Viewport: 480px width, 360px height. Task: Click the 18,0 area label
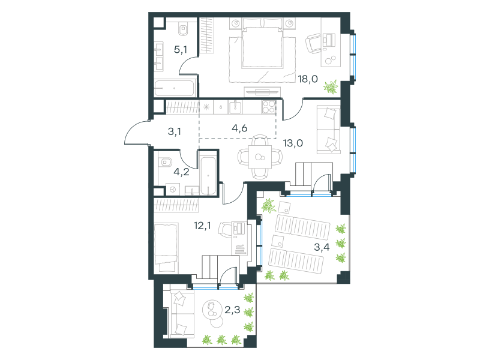pos(308,79)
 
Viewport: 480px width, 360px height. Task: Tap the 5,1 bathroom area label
pos(181,49)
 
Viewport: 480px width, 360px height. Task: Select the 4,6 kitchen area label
pos(239,128)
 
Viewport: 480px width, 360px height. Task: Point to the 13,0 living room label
pos(293,143)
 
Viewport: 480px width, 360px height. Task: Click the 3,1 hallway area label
pos(174,131)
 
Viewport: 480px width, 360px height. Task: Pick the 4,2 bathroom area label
pos(181,172)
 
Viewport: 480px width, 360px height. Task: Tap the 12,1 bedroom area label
pos(202,226)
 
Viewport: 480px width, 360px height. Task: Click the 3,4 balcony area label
pos(322,247)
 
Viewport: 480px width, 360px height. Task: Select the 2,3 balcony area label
pos(232,310)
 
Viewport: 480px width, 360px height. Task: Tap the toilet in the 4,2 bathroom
pos(164,162)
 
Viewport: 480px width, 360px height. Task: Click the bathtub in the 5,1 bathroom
pos(175,88)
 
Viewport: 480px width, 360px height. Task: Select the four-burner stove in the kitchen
pos(268,107)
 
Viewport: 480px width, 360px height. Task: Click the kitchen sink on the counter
pos(235,107)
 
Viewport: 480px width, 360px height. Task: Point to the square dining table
pos(260,157)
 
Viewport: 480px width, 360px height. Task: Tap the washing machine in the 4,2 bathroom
pos(172,190)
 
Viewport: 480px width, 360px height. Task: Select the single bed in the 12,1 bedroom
pos(166,248)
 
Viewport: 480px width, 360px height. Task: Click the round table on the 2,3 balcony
pos(212,310)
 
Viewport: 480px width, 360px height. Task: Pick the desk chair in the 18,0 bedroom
pos(313,43)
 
